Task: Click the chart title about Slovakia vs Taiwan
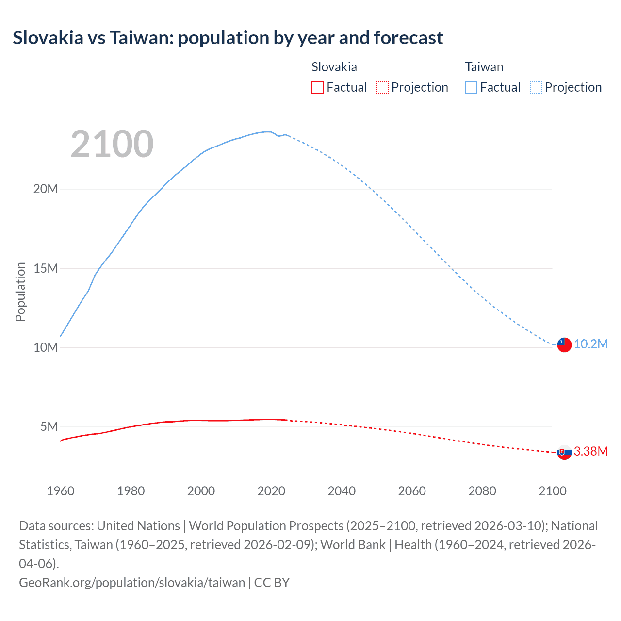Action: coord(228,38)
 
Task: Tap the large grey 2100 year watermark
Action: coord(112,144)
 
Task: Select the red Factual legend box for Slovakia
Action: coord(317,87)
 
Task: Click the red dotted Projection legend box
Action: coord(382,87)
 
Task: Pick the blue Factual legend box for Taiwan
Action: coord(471,87)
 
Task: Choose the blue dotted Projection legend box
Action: coord(536,87)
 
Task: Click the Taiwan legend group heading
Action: coord(484,67)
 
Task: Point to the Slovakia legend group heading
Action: coord(334,67)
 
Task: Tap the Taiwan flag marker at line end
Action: coord(564,344)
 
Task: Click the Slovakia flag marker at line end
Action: coord(564,452)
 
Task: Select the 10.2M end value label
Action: coord(590,344)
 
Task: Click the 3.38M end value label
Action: coord(590,452)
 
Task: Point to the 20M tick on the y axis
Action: coord(46,189)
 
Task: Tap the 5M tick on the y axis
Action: coord(49,426)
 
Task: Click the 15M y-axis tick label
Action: coord(46,268)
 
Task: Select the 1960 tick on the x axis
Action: coord(61,491)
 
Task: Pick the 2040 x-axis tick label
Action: coord(342,491)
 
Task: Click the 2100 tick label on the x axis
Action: coord(552,491)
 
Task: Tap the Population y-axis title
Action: coord(20,292)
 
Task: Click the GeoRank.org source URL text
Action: coord(132,582)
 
